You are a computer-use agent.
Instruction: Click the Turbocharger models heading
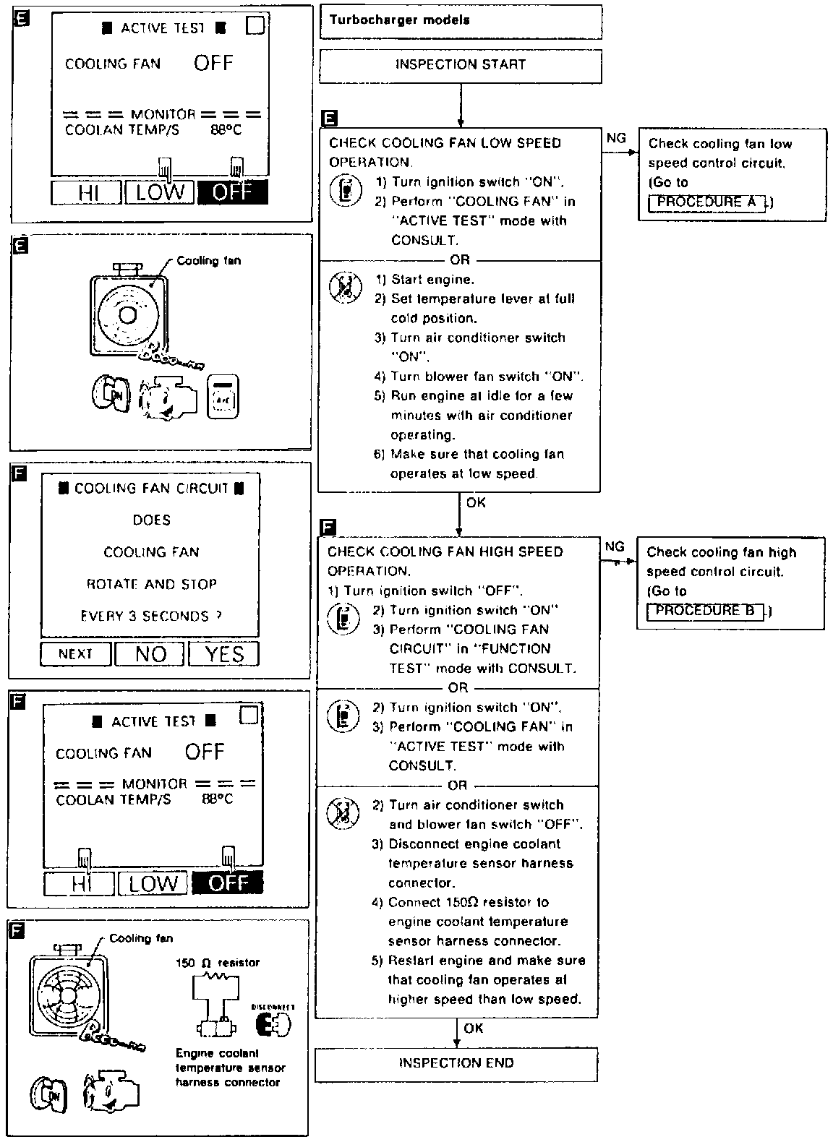coord(400,20)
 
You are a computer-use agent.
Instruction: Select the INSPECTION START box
coord(460,65)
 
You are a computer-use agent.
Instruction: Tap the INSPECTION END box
coord(456,1063)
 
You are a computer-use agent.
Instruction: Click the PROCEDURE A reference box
coord(706,202)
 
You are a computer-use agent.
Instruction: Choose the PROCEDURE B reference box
coord(704,611)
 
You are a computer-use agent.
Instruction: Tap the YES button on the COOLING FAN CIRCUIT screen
coord(224,654)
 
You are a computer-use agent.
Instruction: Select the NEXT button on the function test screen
coord(76,654)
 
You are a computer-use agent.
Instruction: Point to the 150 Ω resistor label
coord(218,963)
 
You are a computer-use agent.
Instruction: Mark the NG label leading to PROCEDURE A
coord(616,138)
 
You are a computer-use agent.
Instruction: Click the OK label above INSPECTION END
coord(474,1028)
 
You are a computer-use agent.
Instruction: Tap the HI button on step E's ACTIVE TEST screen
coord(87,192)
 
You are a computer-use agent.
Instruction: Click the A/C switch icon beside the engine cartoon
coord(223,396)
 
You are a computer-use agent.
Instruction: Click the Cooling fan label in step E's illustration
coord(208,260)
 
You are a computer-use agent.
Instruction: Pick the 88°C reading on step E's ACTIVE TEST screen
coord(226,130)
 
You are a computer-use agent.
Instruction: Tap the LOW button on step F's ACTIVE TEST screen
coord(153,883)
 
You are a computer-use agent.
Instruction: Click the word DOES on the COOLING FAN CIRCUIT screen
coord(151,520)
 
